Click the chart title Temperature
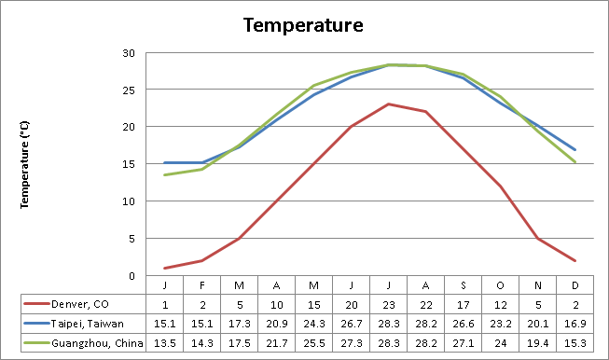point(303,24)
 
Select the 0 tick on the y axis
point(133,276)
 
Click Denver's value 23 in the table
point(388,303)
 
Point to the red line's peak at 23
point(388,104)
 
